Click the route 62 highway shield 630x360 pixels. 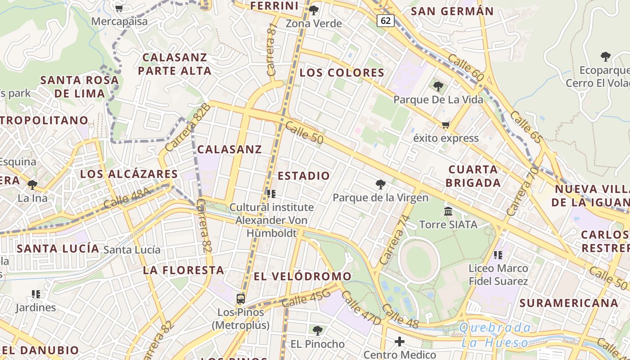[386, 21]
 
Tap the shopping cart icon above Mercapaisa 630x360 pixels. [119, 8]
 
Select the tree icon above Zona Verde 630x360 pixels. [314, 10]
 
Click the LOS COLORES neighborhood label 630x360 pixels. [342, 72]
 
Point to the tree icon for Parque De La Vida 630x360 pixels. [438, 86]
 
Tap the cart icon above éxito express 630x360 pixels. [445, 125]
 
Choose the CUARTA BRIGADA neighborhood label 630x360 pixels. [473, 176]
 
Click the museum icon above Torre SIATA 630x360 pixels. [448, 211]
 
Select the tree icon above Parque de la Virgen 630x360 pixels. [381, 184]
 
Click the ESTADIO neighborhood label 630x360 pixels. [304, 175]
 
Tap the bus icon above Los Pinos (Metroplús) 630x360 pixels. [241, 298]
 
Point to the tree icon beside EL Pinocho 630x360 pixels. [318, 331]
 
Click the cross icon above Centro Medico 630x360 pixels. [400, 342]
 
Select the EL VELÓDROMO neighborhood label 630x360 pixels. [302, 276]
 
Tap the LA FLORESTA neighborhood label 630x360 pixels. [184, 270]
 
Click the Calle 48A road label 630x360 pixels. [127, 198]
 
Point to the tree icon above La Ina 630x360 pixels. [32, 184]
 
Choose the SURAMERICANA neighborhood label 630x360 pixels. [569, 303]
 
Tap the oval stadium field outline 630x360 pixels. [419, 261]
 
